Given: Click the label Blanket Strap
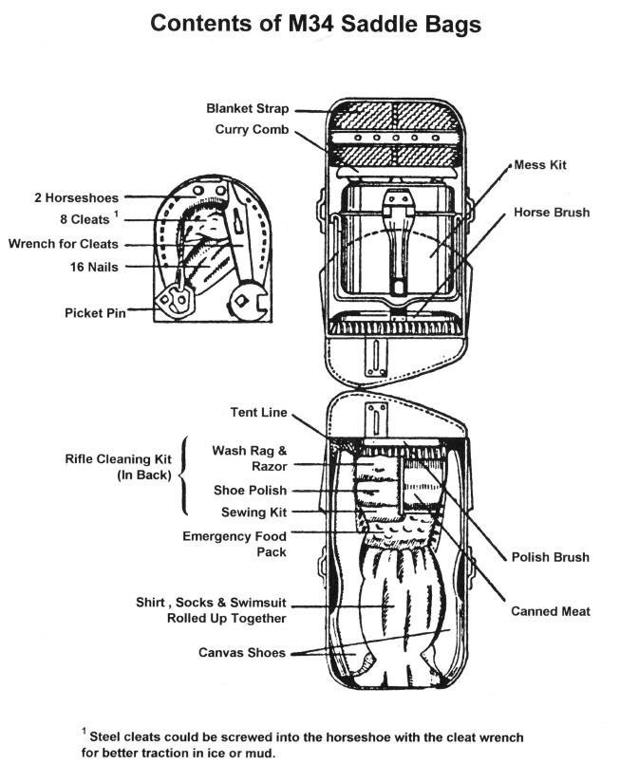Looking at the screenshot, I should tap(249, 109).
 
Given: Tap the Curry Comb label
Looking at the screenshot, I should tap(254, 129).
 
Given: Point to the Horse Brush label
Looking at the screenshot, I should tap(552, 213).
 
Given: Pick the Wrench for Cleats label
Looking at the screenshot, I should tap(64, 244).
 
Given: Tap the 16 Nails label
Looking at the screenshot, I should tap(94, 268).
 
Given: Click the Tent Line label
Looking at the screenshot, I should tap(258, 412).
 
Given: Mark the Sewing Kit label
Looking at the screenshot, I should tap(254, 512).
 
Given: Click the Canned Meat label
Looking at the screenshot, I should tap(552, 611).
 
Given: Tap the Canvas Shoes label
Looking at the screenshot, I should tap(242, 653).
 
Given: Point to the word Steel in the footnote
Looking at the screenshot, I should tap(109, 736).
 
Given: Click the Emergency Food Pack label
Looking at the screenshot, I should tap(234, 544).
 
